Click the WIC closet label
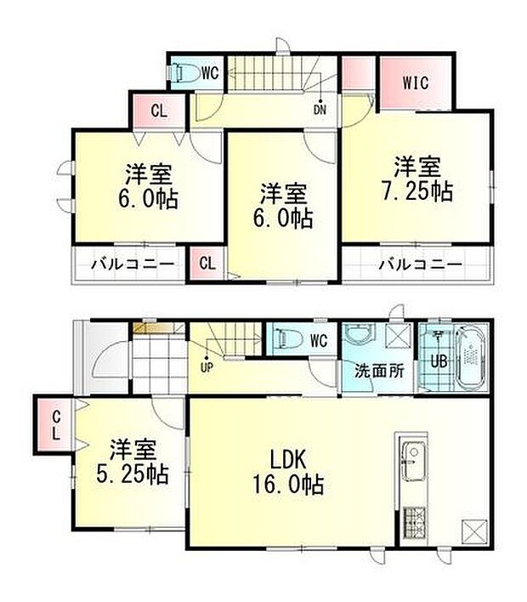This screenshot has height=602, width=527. (416, 82)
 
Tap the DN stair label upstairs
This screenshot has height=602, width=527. (320, 108)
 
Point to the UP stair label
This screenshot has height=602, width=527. (205, 368)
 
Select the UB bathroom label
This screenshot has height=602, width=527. (439, 361)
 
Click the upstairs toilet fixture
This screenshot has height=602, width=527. (185, 74)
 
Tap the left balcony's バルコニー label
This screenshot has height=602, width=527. (133, 264)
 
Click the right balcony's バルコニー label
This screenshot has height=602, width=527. (420, 264)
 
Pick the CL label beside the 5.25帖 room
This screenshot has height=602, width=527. (54, 424)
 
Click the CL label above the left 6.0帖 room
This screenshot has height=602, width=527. (159, 111)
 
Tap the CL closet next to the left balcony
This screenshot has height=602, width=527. (207, 263)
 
